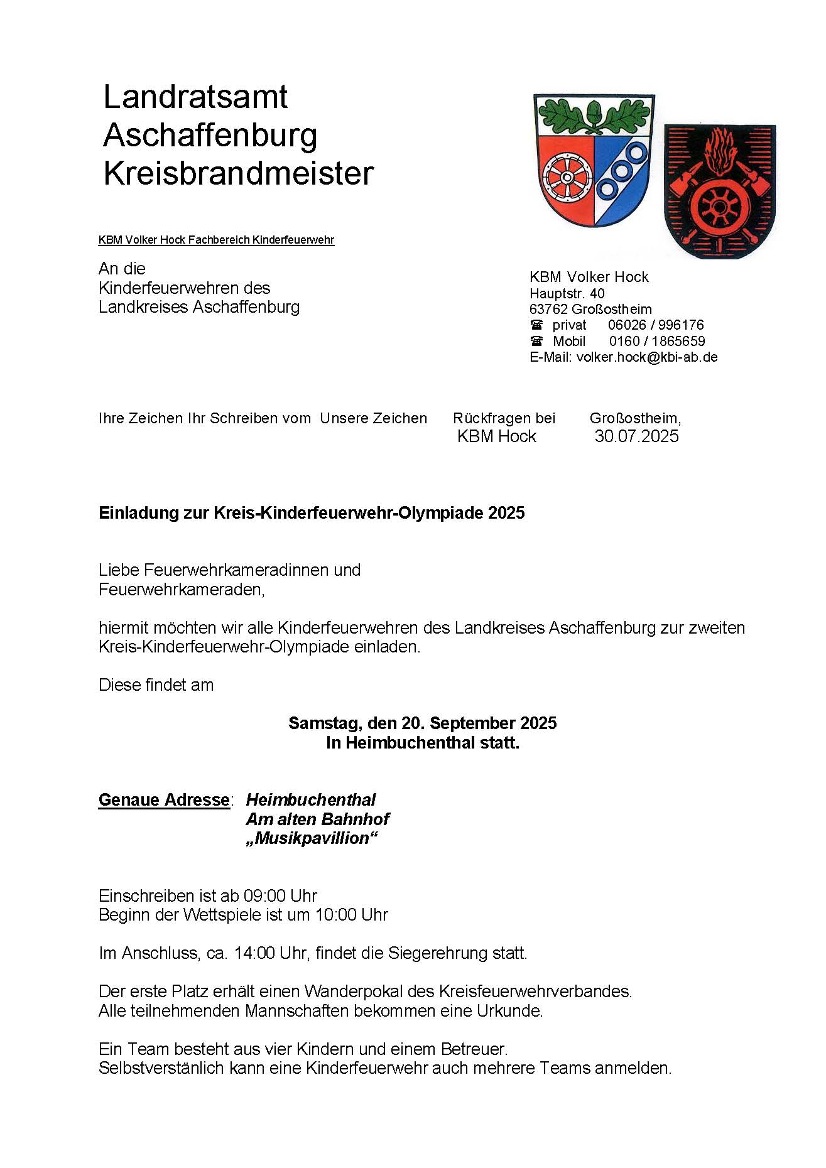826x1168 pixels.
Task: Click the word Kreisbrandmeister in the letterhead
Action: coord(238,173)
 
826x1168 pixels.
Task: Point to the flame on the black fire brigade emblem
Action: coord(720,151)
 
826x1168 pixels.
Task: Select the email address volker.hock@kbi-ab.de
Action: coord(646,357)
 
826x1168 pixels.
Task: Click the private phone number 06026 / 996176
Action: coord(655,325)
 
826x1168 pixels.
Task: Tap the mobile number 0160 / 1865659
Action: coord(656,342)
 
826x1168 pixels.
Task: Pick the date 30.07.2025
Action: coord(636,436)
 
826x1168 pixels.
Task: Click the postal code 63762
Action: coord(548,310)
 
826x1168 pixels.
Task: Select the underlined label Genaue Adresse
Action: coord(164,800)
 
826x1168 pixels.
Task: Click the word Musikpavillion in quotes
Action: coord(312,839)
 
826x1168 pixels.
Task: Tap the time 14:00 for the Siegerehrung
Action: coord(254,953)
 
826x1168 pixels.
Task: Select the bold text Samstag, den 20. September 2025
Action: coord(422,723)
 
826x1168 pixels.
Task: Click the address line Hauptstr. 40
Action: coord(567,293)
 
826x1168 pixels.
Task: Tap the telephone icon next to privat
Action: coord(536,325)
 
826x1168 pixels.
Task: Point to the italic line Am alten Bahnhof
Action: coord(317,819)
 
